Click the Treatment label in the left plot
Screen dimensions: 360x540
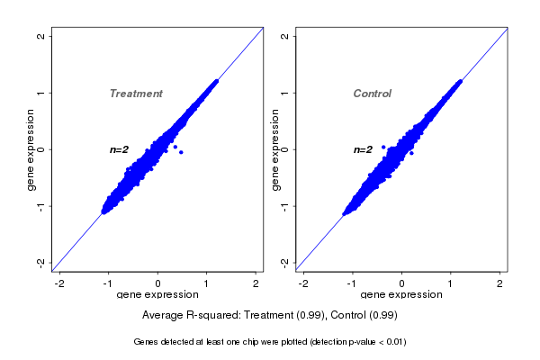(x=136, y=94)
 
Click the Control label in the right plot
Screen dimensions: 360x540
(x=372, y=94)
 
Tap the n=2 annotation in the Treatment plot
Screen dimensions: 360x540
(x=120, y=149)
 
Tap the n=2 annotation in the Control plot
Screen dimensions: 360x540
(x=363, y=149)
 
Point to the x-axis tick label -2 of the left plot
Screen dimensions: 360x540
(x=59, y=283)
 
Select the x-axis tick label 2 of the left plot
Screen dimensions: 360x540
(x=256, y=283)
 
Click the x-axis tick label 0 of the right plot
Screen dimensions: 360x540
(x=402, y=283)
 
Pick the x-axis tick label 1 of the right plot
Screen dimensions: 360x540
(x=451, y=283)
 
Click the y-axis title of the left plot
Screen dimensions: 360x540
(x=31, y=149)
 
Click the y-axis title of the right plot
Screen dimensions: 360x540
(x=274, y=149)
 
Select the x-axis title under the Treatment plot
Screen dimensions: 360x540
(x=158, y=295)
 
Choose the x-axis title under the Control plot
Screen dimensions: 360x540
(x=401, y=295)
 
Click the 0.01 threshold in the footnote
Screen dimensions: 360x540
(x=393, y=342)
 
